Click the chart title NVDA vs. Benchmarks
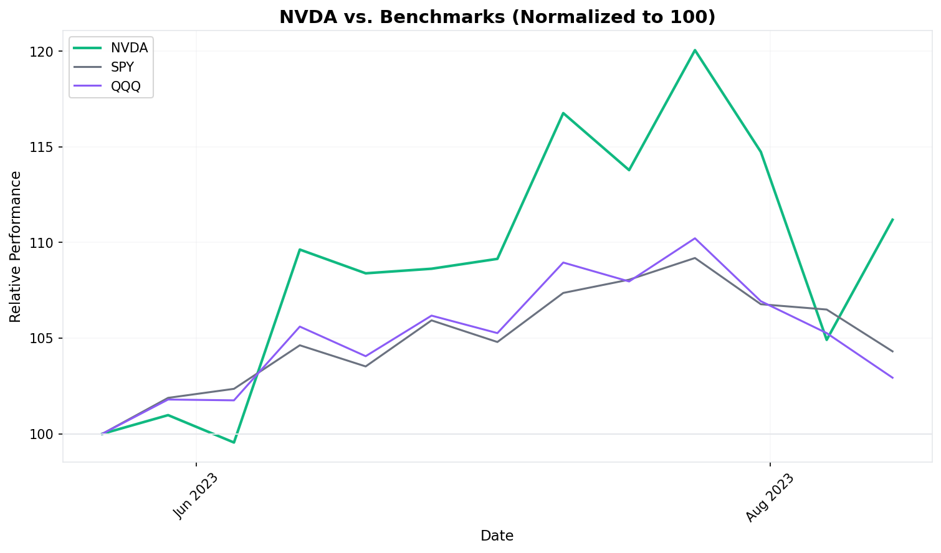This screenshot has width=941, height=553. coord(497,17)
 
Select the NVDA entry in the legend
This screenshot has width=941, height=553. coord(129,48)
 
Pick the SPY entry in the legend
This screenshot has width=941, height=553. coord(122,67)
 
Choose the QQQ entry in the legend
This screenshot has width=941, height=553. coord(126,87)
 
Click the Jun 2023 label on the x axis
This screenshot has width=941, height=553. coord(196,496)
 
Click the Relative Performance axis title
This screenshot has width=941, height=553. coord(16,247)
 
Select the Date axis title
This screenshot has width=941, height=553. coord(497,536)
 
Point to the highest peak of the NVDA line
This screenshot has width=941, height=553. coord(695,50)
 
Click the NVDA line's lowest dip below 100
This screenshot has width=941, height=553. coord(234,442)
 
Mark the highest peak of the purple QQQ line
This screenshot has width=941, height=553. coord(695,238)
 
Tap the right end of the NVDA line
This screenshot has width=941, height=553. coord(892,219)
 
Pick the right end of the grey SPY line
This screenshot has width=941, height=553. coord(892,351)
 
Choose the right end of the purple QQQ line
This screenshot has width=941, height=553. coord(892,377)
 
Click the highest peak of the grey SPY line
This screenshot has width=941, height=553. coord(695,258)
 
